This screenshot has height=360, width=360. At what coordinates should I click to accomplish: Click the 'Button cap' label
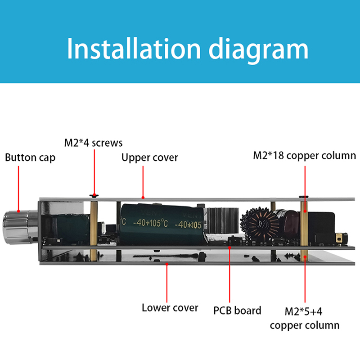tap(30, 158)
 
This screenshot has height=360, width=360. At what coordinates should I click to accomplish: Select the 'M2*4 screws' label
tap(93, 143)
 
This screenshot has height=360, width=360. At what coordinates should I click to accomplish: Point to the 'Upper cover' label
tap(150, 157)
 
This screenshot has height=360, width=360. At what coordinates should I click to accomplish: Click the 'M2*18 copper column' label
tap(305, 156)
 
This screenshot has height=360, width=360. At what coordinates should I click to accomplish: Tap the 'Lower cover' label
tap(170, 308)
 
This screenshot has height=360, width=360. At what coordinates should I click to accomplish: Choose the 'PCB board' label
tap(237, 310)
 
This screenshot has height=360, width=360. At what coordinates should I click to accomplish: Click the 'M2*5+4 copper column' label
tap(305, 318)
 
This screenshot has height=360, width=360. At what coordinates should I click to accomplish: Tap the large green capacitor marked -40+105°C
tap(162, 222)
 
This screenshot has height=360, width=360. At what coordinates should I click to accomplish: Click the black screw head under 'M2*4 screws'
tap(94, 196)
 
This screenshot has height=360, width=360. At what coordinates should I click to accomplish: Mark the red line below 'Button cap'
tap(18, 189)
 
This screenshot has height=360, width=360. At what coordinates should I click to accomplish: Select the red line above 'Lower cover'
tap(167, 281)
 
